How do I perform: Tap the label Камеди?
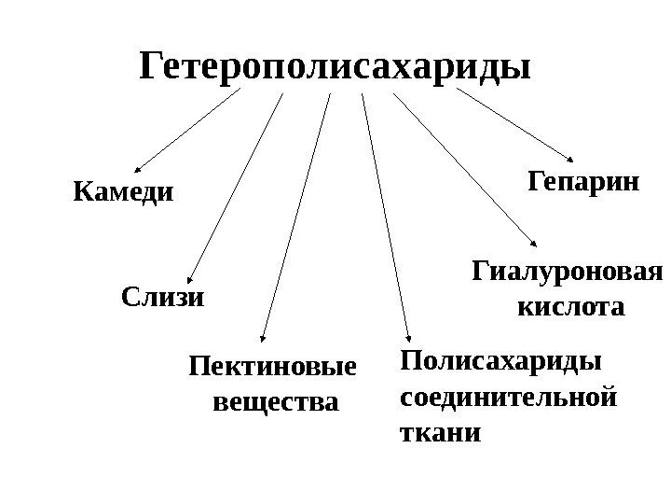click(123, 193)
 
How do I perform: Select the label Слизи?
click(162, 298)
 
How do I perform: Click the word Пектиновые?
click(273, 367)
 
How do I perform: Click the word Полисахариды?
click(500, 361)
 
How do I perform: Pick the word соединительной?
click(507, 397)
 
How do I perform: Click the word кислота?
click(569, 306)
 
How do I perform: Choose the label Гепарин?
click(584, 180)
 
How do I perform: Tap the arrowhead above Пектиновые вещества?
click(263, 340)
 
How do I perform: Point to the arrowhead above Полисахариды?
click(408, 340)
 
